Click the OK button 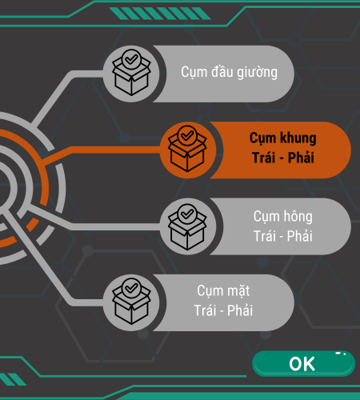click(x=303, y=363)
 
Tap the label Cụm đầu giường click(x=229, y=72)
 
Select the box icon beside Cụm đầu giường click(x=131, y=73)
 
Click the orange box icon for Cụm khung click(x=187, y=149)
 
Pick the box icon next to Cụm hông click(x=187, y=227)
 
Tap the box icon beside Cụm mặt click(x=131, y=302)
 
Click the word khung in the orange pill click(x=298, y=138)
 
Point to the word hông click(x=298, y=216)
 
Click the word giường click(x=257, y=73)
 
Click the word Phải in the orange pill click(x=301, y=158)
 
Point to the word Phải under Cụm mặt click(x=240, y=310)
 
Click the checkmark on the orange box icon click(x=187, y=135)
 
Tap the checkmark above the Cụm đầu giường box click(x=131, y=59)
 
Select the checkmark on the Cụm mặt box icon click(x=131, y=288)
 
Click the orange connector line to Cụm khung click(x=102, y=150)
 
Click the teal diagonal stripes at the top click(x=160, y=14)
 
